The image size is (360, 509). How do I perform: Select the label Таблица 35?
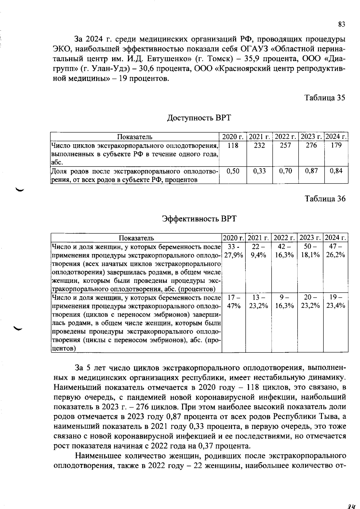[325, 98]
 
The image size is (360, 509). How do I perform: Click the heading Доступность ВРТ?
[199, 118]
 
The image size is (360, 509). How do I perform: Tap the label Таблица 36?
[325, 199]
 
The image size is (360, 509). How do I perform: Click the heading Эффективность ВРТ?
[199, 219]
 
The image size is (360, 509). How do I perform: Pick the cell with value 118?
[233, 145]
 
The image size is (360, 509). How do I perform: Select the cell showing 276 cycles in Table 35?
[311, 145]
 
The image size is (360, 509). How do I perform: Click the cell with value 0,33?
[259, 171]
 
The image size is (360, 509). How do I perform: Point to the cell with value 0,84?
[336, 171]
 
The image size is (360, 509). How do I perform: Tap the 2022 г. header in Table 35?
[285, 137]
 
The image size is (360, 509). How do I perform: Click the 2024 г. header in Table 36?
[336, 238]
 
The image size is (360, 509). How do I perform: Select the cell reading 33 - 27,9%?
[233, 251]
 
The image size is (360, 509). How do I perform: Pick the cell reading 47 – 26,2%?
[336, 251]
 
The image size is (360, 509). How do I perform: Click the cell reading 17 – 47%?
[233, 301]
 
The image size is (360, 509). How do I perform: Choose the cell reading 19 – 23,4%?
[336, 301]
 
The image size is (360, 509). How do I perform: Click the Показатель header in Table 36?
[136, 238]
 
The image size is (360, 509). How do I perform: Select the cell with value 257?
[285, 145]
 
